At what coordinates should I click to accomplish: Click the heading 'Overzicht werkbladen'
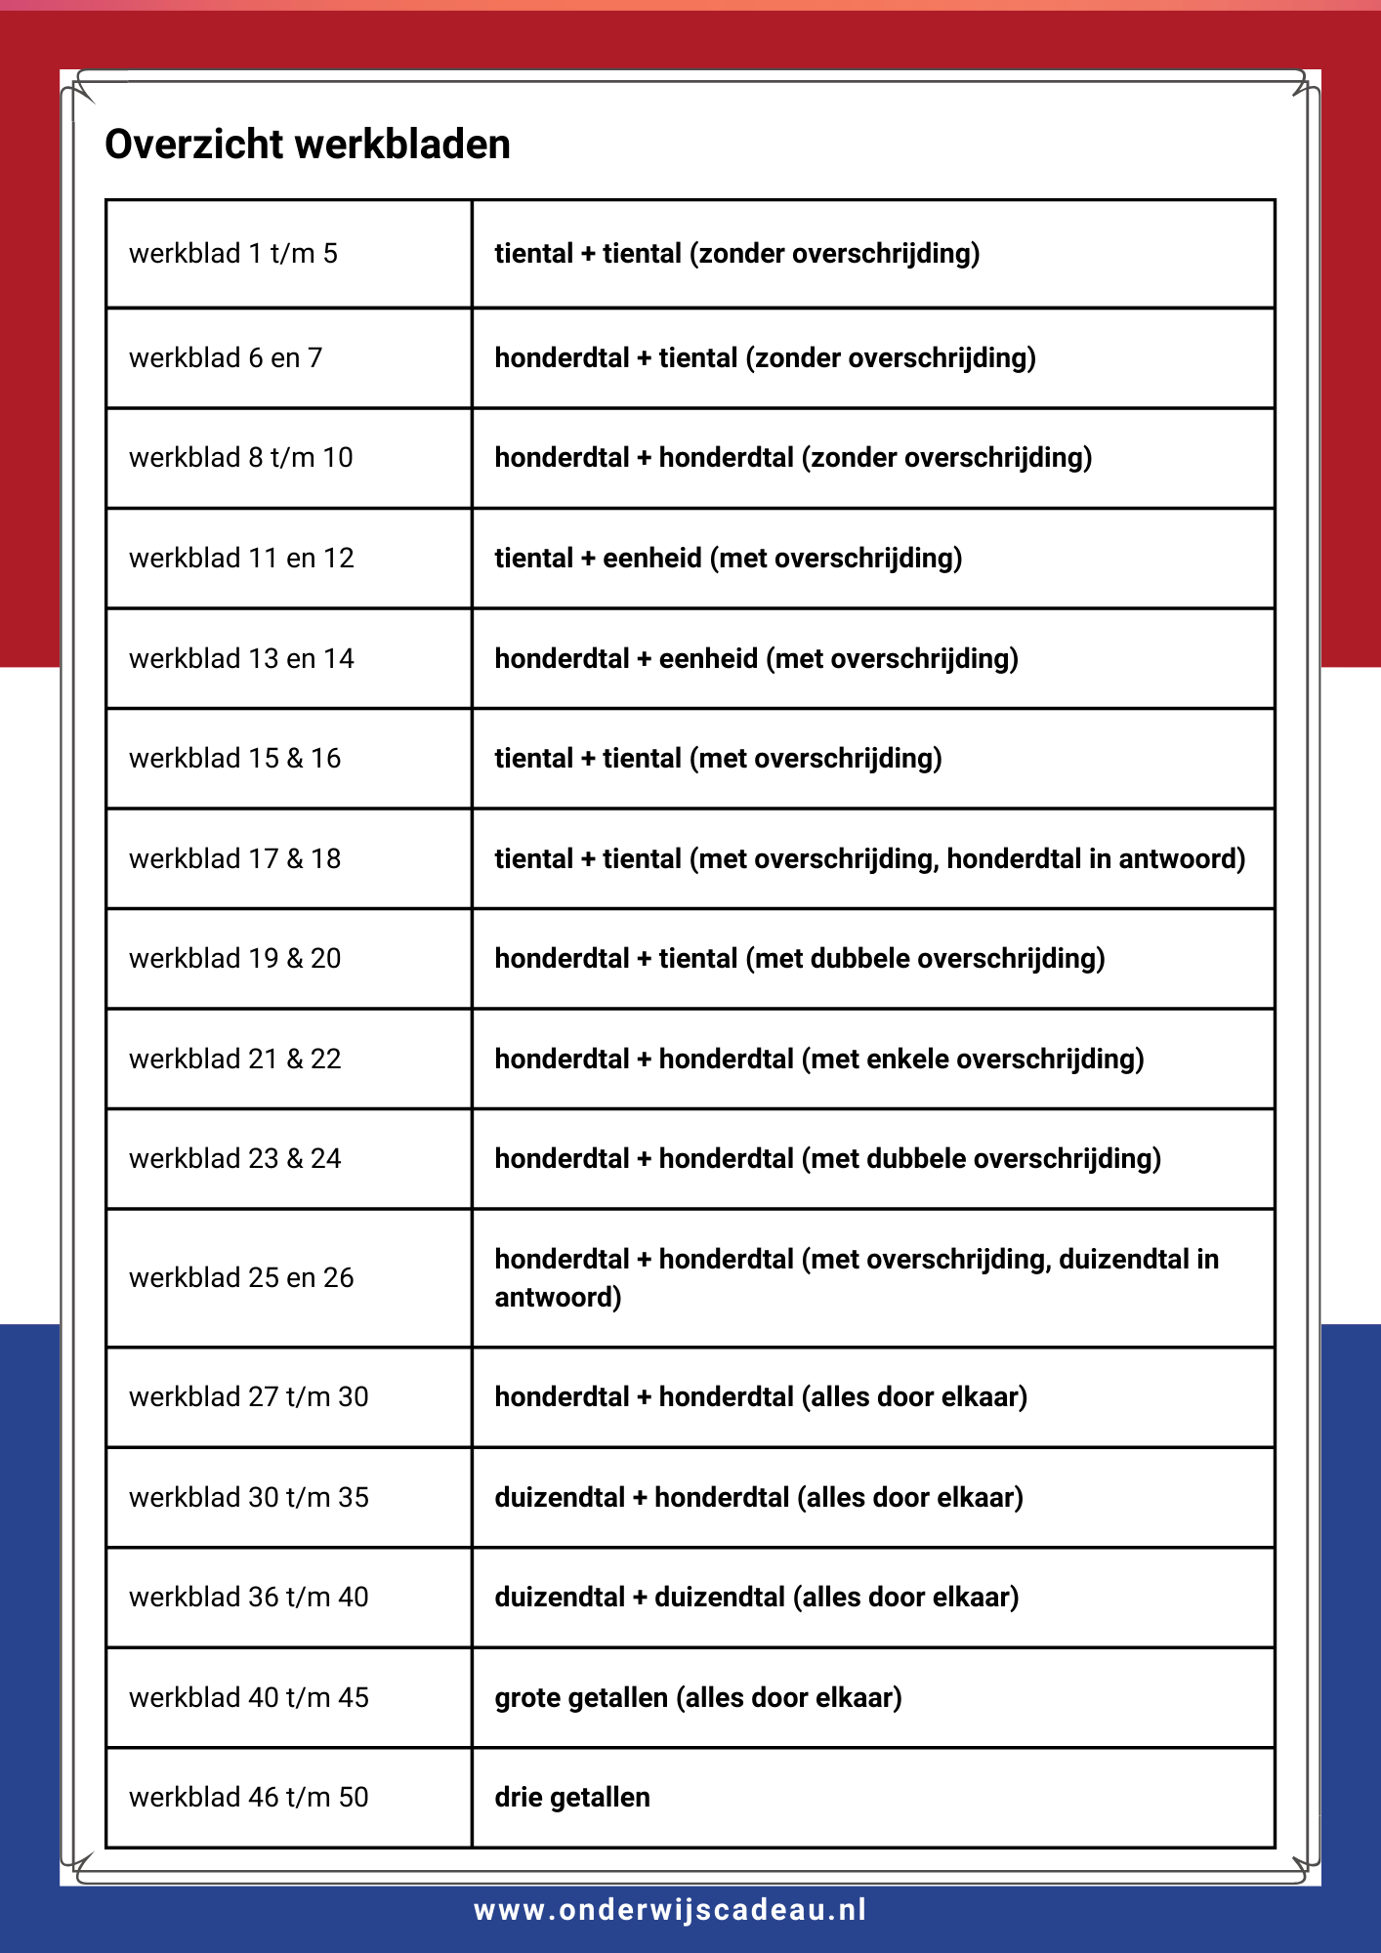pyautogui.click(x=308, y=145)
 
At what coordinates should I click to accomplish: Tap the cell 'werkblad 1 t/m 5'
pyautogui.click(x=233, y=254)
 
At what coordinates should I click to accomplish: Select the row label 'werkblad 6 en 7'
pyautogui.click(x=226, y=358)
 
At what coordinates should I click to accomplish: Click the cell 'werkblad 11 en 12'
pyautogui.click(x=241, y=559)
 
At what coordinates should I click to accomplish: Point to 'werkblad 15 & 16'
pyautogui.click(x=235, y=759)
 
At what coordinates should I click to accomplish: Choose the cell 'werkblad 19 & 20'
pyautogui.click(x=235, y=959)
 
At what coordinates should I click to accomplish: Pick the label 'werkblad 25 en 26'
pyautogui.click(x=241, y=1278)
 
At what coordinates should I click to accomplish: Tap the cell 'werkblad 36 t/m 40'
pyautogui.click(x=249, y=1598)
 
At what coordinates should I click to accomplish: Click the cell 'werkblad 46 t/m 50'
pyautogui.click(x=249, y=1798)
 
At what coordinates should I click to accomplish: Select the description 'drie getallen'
pyautogui.click(x=572, y=1798)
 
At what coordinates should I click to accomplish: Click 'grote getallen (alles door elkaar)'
pyautogui.click(x=698, y=1698)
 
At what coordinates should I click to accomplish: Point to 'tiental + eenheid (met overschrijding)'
pyautogui.click(x=729, y=559)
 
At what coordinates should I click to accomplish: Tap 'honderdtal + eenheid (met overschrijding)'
pyautogui.click(x=757, y=659)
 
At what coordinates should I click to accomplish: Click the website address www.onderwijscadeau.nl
pyautogui.click(x=671, y=1910)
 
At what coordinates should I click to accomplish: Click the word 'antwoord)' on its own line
pyautogui.click(x=558, y=1298)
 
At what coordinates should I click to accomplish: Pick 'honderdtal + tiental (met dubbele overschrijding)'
pyautogui.click(x=800, y=959)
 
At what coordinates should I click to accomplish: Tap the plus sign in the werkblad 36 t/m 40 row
pyautogui.click(x=641, y=1598)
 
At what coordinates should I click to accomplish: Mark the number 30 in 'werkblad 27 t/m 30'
pyautogui.click(x=354, y=1397)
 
